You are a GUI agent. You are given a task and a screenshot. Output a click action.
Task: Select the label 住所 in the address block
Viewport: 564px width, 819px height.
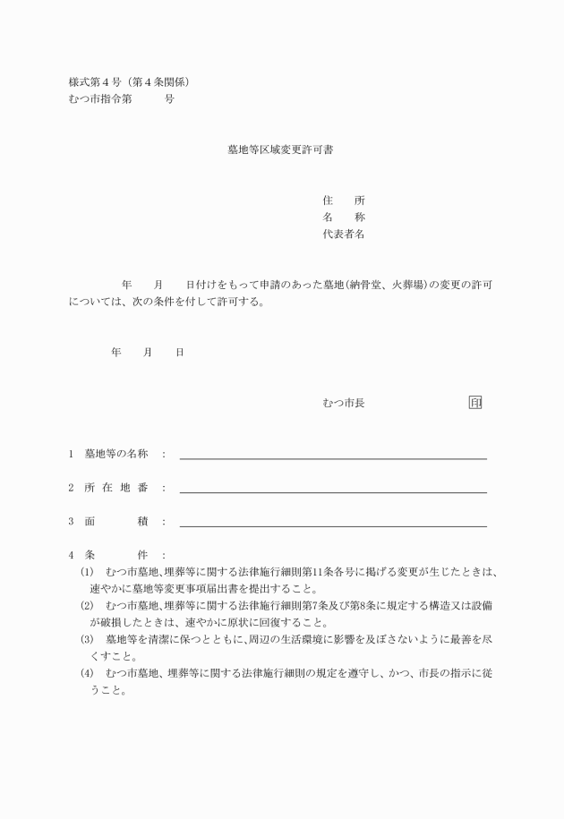point(343,200)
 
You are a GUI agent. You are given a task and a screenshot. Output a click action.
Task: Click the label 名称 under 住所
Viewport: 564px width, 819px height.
point(343,218)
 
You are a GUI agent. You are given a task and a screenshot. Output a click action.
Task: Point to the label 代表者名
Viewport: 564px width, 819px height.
point(343,235)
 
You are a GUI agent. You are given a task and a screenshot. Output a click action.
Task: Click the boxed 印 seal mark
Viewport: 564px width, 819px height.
point(475,403)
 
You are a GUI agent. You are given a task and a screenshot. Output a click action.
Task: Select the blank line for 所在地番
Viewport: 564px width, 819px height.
point(333,491)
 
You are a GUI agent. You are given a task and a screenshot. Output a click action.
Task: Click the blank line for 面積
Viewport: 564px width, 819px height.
point(333,525)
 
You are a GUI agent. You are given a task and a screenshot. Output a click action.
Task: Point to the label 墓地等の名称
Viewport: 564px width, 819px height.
point(115,454)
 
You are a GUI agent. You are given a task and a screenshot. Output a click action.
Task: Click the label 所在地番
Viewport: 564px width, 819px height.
point(115,488)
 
